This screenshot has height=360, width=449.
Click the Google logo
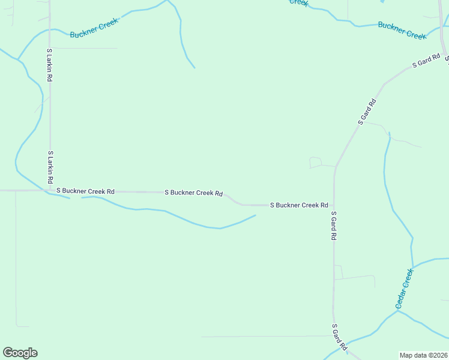click(20, 353)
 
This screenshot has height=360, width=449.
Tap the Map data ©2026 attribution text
click(424, 355)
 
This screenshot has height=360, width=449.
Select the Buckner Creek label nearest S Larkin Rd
click(94, 28)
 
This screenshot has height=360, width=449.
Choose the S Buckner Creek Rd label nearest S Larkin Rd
click(85, 191)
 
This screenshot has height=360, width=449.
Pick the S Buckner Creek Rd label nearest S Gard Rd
click(298, 205)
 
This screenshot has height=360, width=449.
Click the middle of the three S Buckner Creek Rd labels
click(194, 193)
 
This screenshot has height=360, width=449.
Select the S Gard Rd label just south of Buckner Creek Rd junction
click(333, 226)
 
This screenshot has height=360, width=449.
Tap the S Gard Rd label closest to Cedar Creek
click(339, 337)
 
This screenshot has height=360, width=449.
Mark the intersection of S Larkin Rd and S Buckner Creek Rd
click(50, 190)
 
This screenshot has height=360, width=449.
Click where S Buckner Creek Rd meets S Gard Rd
click(334, 205)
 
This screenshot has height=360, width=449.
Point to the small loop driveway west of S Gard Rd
click(315, 162)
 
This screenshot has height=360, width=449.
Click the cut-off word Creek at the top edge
click(300, 2)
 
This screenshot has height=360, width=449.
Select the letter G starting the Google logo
click(8, 353)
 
